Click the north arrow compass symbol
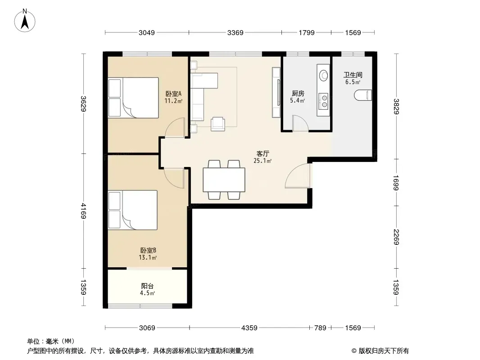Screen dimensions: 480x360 [25, 20]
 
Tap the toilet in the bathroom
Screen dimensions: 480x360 [363, 95]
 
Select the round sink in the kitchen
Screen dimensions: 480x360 [323, 75]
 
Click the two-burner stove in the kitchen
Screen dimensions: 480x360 [323, 101]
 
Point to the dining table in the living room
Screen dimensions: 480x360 [224, 180]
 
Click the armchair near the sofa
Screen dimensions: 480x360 [218, 124]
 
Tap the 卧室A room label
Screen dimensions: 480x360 [173, 94]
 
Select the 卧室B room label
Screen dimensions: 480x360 [148, 250]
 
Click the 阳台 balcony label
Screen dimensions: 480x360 [147, 286]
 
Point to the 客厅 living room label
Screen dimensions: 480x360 [263, 153]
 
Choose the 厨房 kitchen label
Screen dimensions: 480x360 [298, 93]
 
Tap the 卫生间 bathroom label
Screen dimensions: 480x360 [353, 75]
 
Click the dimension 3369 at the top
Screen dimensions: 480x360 [235, 32]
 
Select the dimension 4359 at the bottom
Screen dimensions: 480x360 [249, 328]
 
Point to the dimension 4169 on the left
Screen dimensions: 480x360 [83, 211]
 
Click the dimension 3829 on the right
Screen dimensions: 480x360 [396, 106]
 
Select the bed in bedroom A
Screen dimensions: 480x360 [133, 98]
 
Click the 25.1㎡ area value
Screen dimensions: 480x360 [263, 161]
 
